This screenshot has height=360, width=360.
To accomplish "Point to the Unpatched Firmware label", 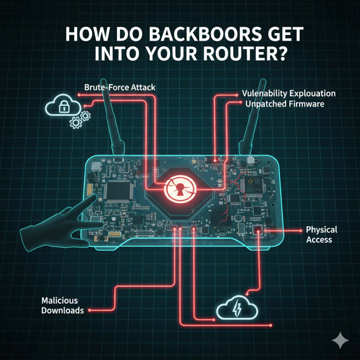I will (285, 104).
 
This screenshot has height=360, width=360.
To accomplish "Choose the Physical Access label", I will (321, 234).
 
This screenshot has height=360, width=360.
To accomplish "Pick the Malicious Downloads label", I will (62, 305).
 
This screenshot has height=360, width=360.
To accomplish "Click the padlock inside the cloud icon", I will (64, 108).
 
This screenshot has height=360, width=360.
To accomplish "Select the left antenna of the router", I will (109, 124).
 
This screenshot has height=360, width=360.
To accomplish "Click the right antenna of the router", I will (251, 124).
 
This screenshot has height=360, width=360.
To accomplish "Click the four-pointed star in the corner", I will (340, 341).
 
